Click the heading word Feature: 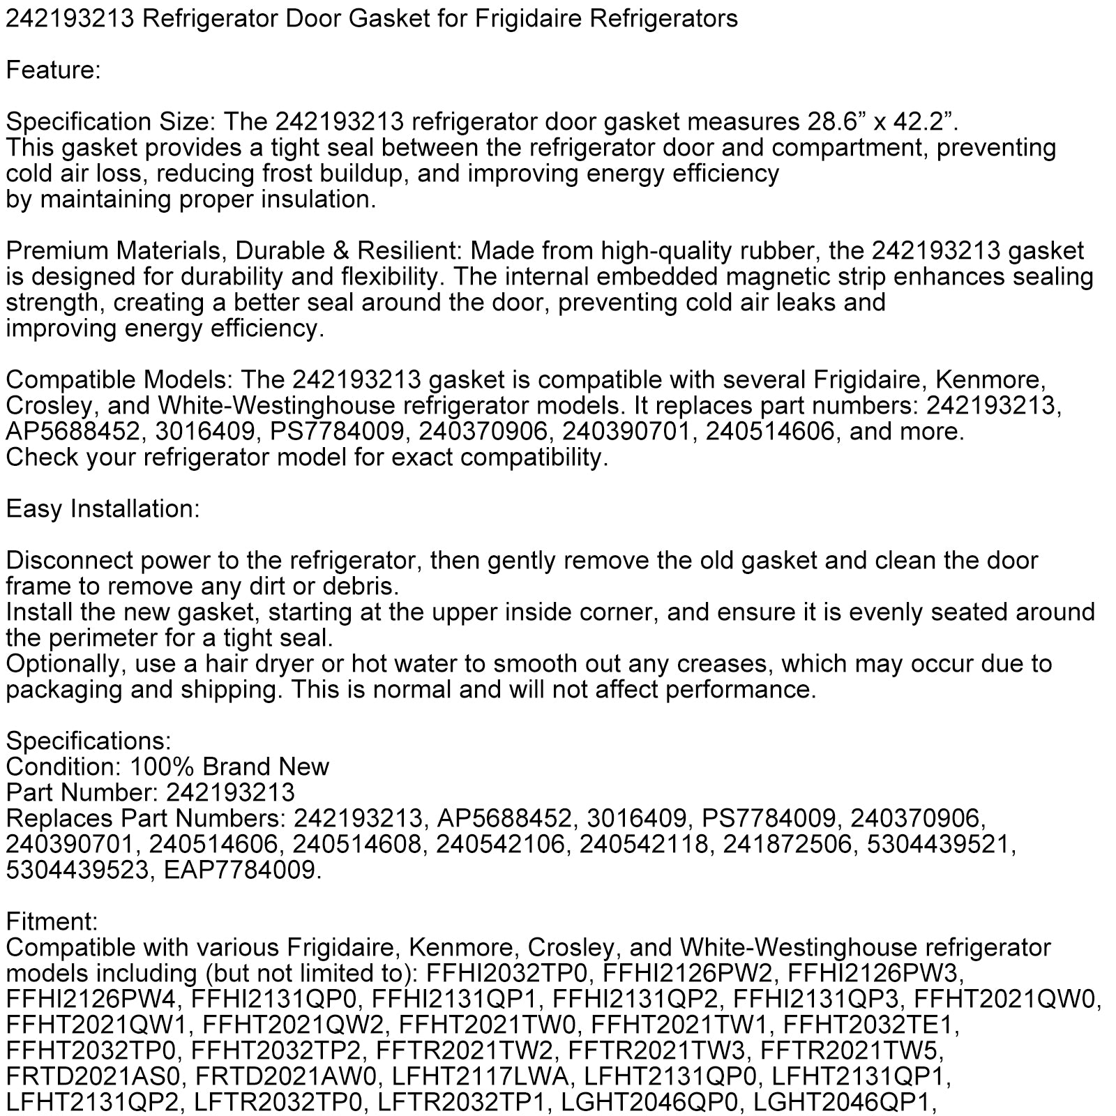pyautogui.click(x=54, y=70)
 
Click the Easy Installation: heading pyautogui.click(x=103, y=509)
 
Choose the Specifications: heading pyautogui.click(x=89, y=741)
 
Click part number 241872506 pyautogui.click(x=787, y=845)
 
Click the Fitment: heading pyautogui.click(x=52, y=922)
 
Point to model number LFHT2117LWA pyautogui.click(x=483, y=1077)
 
